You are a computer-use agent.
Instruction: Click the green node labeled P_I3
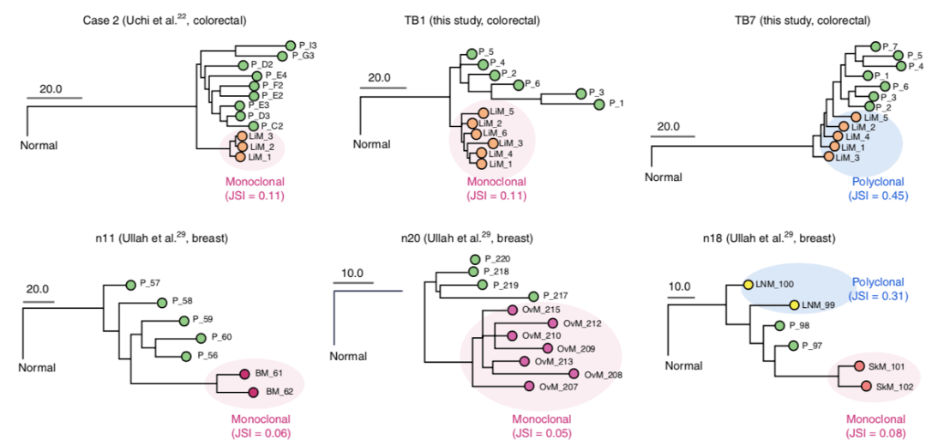tap(291, 45)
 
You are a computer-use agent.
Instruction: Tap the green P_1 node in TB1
tap(599, 105)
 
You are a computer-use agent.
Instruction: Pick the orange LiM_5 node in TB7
tap(855, 117)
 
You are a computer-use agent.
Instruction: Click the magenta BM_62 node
tap(253, 392)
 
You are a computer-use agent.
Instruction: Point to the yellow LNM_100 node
tap(749, 285)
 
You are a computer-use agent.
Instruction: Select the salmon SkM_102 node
tap(866, 387)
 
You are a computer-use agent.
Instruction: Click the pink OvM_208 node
tap(574, 373)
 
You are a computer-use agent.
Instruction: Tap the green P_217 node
tap(534, 297)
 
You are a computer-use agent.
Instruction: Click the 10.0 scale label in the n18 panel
tap(679, 287)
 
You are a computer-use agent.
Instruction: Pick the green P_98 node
tap(779, 325)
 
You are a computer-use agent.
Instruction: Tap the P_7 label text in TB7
tap(889, 46)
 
